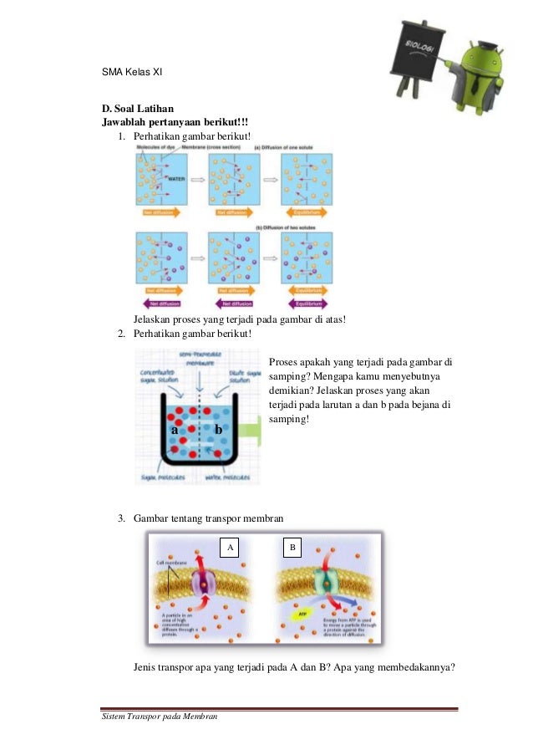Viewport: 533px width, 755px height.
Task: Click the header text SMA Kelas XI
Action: (131, 73)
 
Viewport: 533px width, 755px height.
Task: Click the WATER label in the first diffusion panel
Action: (176, 178)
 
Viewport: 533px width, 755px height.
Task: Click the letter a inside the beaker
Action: (174, 429)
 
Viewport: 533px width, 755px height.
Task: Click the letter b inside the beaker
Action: (218, 429)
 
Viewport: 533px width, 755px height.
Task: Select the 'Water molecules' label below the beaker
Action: (226, 479)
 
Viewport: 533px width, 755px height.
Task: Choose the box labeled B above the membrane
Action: (292, 548)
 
